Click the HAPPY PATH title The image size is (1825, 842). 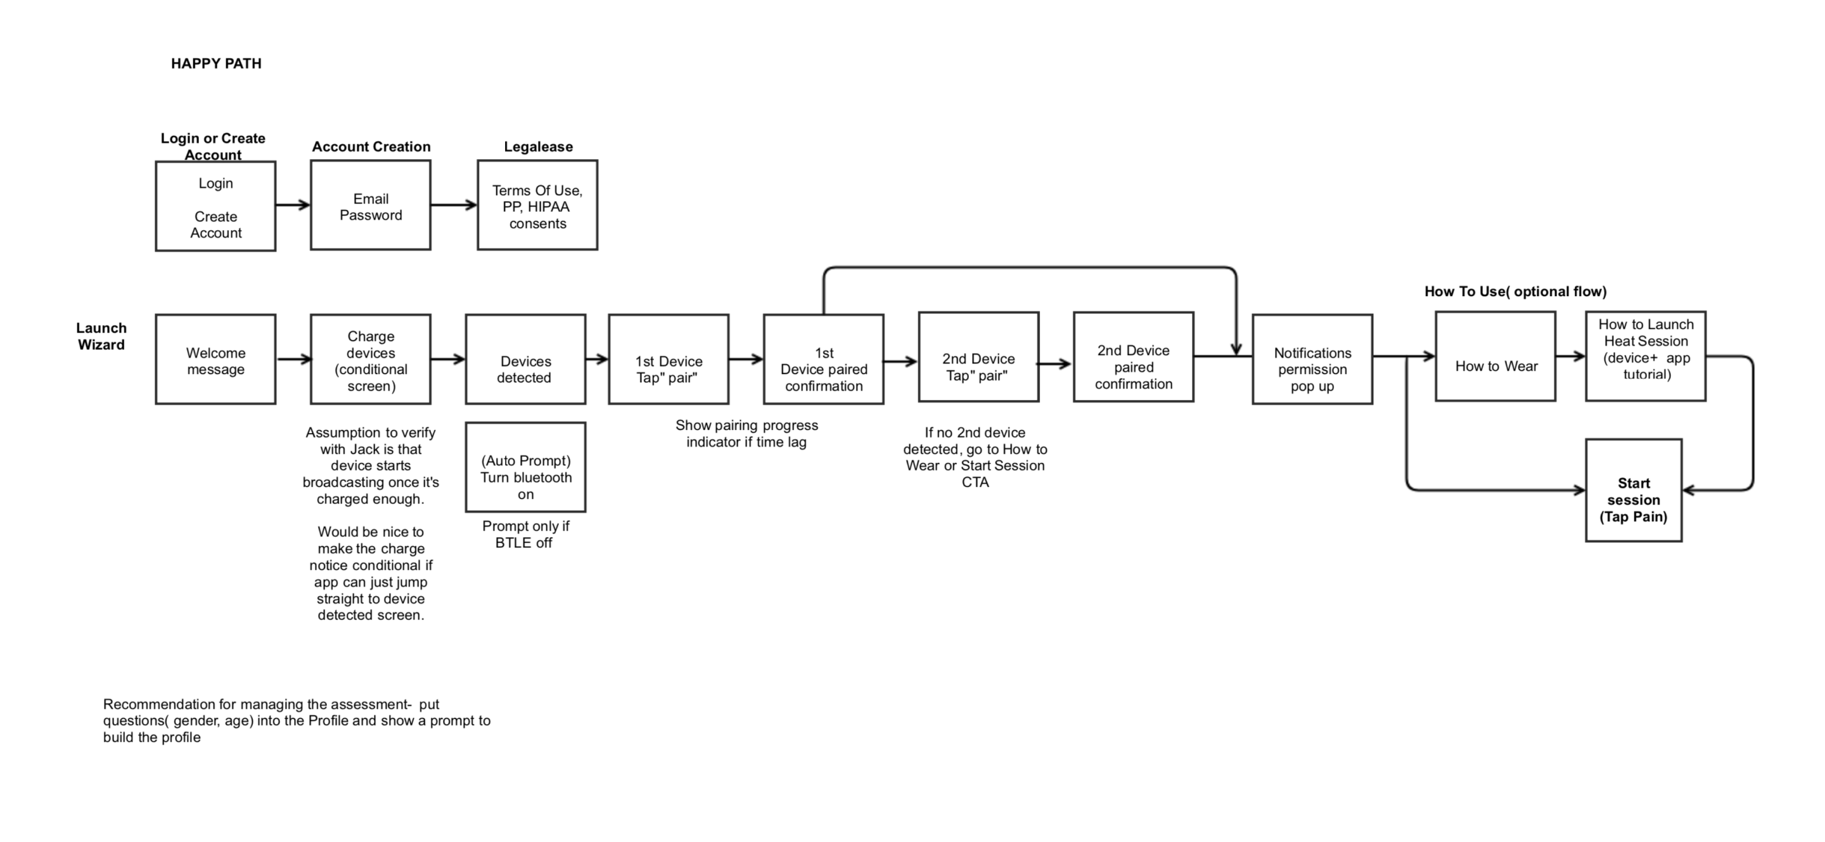216,64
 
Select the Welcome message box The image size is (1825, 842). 215,360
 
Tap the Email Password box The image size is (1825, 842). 371,205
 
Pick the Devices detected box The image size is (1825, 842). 525,360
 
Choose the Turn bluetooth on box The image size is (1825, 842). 525,468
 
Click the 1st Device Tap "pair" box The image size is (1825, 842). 668,360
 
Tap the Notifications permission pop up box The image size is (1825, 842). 1312,360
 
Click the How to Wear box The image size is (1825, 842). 1495,357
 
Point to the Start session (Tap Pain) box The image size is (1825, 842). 1633,491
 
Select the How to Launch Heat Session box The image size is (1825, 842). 1645,357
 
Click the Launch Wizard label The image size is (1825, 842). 101,337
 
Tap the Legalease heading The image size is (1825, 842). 538,146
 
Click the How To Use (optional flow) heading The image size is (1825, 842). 1515,291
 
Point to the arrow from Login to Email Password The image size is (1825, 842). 293,205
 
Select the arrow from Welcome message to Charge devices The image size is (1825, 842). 293,359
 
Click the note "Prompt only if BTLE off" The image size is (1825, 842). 525,534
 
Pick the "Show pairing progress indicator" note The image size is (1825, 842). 746,434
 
